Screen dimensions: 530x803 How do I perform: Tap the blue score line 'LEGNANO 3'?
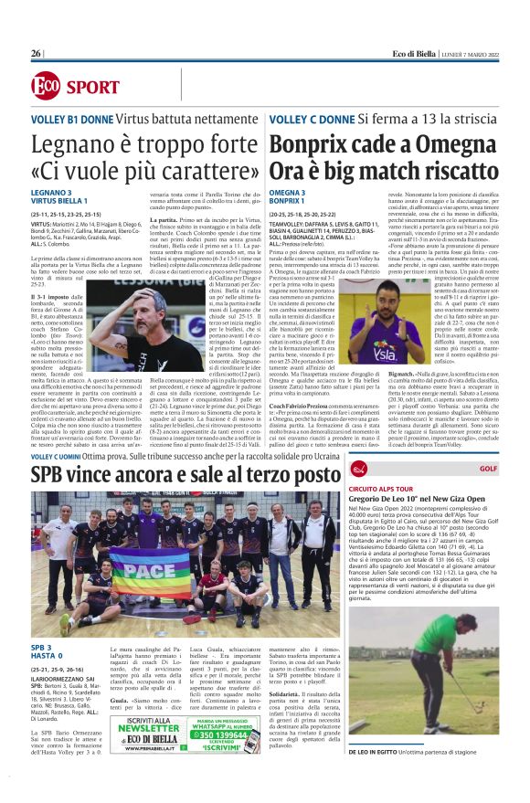[x=57, y=192]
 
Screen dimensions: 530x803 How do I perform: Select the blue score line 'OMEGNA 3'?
[x=287, y=192]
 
